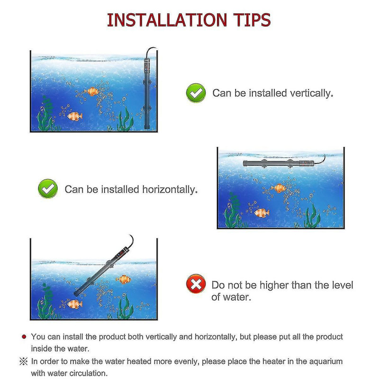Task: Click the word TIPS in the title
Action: click(250, 20)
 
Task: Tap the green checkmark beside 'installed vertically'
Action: click(196, 93)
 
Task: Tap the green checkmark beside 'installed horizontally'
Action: click(48, 189)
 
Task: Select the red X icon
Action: click(196, 285)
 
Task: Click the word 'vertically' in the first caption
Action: click(309, 93)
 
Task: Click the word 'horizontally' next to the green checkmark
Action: click(170, 189)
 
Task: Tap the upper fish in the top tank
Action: click(91, 91)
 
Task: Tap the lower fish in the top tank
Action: click(75, 116)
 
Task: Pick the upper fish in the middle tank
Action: click(279, 188)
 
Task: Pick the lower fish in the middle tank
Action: click(262, 213)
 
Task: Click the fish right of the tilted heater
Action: click(123, 279)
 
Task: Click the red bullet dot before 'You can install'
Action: click(24, 337)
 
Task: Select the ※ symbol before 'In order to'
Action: click(24, 361)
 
